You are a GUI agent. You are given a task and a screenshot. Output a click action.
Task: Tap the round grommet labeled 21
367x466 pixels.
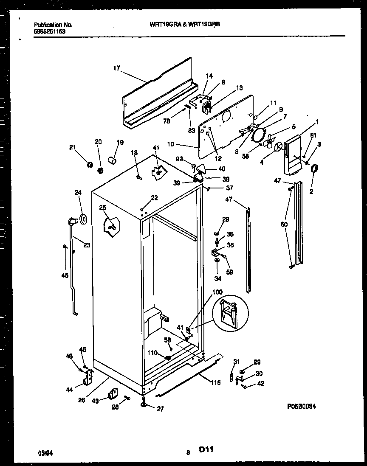click(90, 164)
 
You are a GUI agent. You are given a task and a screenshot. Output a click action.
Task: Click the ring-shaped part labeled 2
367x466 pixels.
click(315, 169)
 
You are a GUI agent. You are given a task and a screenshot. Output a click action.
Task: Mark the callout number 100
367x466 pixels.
click(217, 292)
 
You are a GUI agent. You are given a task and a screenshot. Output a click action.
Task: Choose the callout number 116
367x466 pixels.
click(215, 383)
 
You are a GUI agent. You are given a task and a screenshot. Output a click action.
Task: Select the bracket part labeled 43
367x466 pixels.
click(113, 394)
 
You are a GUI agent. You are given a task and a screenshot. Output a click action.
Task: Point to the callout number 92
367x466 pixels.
click(180, 160)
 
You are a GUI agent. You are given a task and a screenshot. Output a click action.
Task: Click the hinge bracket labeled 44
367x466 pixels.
click(88, 376)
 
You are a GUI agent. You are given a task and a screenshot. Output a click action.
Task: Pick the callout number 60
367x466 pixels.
click(284, 224)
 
